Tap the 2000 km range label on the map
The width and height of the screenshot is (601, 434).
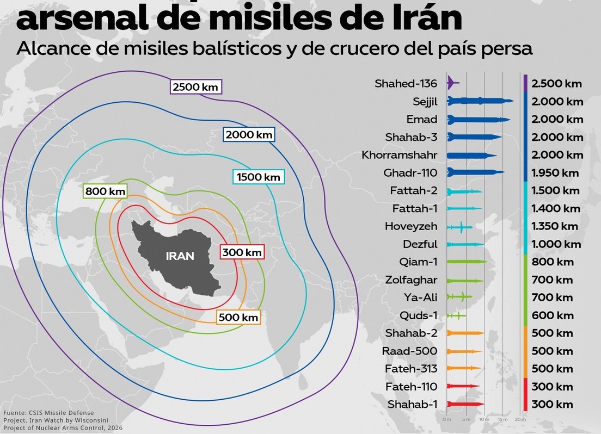[249, 134]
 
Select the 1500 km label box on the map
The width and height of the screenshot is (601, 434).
[258, 177]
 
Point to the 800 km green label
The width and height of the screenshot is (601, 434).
[105, 191]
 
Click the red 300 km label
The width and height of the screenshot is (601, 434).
[242, 252]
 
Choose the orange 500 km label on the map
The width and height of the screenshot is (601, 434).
[238, 317]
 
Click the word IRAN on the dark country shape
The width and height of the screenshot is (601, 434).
[180, 256]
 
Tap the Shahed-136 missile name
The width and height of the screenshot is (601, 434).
[406, 84]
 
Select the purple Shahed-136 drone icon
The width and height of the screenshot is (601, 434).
[452, 83]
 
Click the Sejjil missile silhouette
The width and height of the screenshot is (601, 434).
[480, 101]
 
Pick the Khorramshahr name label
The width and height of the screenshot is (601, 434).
[399, 155]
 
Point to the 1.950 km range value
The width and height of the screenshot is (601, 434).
[555, 173]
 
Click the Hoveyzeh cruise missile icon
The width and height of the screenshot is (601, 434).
[459, 226]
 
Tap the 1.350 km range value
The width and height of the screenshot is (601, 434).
[555, 226]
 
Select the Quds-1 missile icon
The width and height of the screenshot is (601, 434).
[456, 315]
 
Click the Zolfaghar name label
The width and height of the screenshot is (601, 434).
[412, 280]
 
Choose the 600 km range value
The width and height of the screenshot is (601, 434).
[552, 315]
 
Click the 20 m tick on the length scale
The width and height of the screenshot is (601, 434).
[520, 420]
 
